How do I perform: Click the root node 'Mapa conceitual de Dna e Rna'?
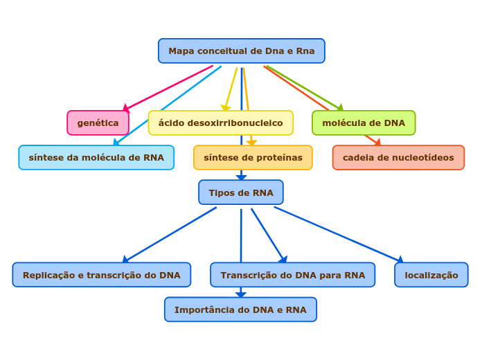tap(241, 51)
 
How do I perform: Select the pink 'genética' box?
tap(98, 123)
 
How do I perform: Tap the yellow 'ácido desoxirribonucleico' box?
tap(220, 123)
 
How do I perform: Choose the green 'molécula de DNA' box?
tap(364, 123)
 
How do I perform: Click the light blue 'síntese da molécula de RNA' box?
tap(96, 158)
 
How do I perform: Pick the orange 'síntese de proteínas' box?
tap(253, 158)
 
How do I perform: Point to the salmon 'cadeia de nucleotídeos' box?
tap(398, 158)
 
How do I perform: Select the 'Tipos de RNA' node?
tap(241, 192)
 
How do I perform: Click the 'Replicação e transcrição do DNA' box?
tap(101, 275)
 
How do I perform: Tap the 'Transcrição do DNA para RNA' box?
tap(292, 275)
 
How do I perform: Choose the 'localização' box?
tap(431, 275)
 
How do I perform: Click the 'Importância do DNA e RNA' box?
tap(240, 309)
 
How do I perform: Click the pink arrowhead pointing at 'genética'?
tap(126, 108)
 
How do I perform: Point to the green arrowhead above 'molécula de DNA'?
tap(339, 107)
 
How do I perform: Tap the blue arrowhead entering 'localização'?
tap(400, 260)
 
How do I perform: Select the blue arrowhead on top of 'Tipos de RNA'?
tap(241, 178)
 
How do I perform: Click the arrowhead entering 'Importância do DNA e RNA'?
tap(240, 295)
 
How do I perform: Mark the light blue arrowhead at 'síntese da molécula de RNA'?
tap(116, 143)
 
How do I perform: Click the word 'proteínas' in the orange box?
tap(280, 158)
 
